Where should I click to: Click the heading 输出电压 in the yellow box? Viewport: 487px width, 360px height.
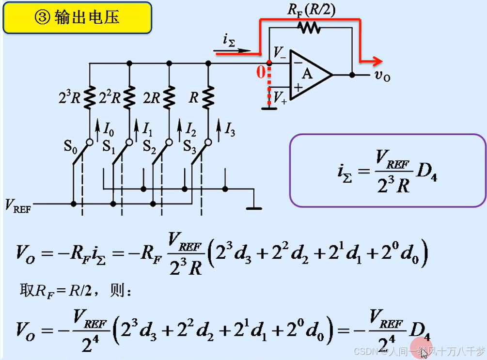click(x=78, y=18)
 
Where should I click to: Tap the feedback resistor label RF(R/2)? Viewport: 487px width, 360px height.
click(x=311, y=9)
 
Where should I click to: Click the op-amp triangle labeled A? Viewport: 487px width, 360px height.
click(x=308, y=75)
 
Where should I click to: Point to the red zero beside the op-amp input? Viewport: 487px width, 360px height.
click(x=261, y=73)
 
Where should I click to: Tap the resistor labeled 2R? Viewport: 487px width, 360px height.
click(x=169, y=97)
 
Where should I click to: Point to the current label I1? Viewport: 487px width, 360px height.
click(x=148, y=129)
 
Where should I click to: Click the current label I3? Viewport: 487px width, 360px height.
click(x=229, y=129)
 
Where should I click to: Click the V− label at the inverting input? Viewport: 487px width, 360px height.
click(x=280, y=53)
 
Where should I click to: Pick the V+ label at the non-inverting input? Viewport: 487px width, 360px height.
click(x=280, y=98)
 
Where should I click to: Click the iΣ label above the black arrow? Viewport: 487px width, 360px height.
click(x=229, y=41)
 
